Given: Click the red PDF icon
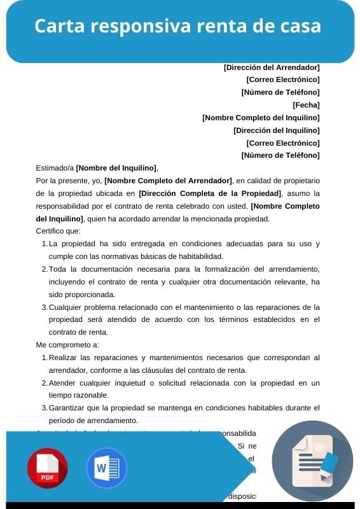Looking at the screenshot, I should point(47,468).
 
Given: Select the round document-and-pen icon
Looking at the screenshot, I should point(312,461).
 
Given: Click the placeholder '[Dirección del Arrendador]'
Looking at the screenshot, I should point(272,67).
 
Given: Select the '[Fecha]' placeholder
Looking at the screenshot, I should point(306,105).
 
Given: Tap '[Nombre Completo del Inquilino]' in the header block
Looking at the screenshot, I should point(261,118).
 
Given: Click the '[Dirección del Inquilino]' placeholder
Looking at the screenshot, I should point(277,130).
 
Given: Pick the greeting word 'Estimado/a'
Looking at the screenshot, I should point(55,168).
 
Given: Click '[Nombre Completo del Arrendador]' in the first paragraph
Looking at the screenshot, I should point(169,181).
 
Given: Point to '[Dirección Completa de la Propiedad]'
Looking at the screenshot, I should point(210,193).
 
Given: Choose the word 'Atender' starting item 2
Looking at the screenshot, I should point(62,383).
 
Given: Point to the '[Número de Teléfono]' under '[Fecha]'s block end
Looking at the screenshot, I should point(280,155).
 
